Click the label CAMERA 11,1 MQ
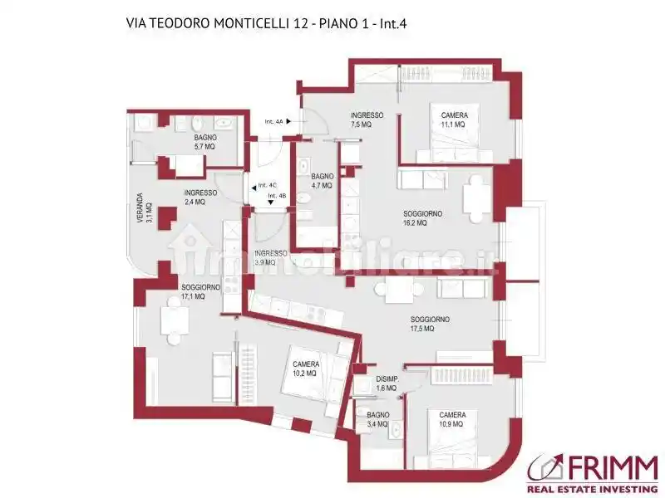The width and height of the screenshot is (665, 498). pyautogui.click(x=453, y=120)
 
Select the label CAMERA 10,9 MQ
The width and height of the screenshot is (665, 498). pyautogui.click(x=452, y=419)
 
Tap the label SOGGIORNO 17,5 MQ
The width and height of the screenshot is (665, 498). pyautogui.click(x=430, y=324)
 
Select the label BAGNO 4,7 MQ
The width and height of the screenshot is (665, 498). pyautogui.click(x=322, y=181)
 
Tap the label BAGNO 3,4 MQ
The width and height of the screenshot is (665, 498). pyautogui.click(x=377, y=418)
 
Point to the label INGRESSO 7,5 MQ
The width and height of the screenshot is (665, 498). pyautogui.click(x=367, y=120)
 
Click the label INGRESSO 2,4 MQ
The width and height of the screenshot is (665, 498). pyautogui.click(x=200, y=197)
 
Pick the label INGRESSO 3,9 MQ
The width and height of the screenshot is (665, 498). pyautogui.click(x=271, y=257)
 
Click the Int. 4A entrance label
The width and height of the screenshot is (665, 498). pyautogui.click(x=274, y=122)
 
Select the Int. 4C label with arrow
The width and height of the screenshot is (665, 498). pyautogui.click(x=265, y=186)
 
